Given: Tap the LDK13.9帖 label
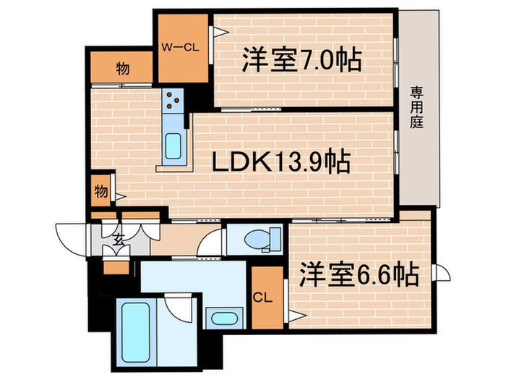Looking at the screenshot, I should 281,162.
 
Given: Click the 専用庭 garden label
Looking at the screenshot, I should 417,106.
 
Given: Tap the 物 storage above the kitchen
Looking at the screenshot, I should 123,69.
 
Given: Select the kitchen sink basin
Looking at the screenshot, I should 174,147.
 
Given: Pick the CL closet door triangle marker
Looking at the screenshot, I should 294,314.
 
